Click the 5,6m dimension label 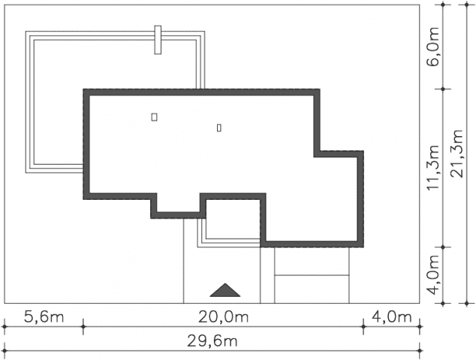(44, 317)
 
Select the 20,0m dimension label (224, 317)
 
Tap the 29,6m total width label (212, 341)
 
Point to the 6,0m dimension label (433, 47)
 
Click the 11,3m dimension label (433, 168)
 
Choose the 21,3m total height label (456, 154)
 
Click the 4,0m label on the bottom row (392, 317)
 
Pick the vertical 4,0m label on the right (433, 275)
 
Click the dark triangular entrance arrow (225, 290)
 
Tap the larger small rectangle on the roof (154, 117)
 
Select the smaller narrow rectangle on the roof (219, 128)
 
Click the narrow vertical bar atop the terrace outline (158, 40)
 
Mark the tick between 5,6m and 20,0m (83, 327)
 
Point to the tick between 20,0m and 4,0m (363, 327)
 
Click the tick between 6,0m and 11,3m (443, 89)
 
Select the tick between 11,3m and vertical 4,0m (443, 247)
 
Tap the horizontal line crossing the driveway (312, 275)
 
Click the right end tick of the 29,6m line (420, 350)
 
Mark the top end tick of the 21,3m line (467, 5)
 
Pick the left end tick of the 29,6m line (5, 350)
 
